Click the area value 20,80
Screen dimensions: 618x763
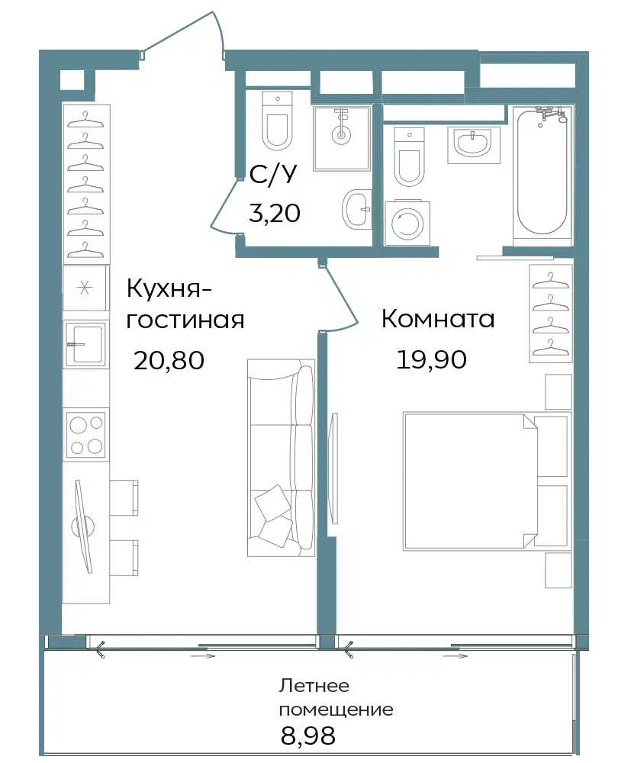coord(169,361)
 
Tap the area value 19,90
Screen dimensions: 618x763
coord(432,359)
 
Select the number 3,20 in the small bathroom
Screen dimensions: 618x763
coord(275,213)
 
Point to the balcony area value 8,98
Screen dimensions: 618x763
coord(308,736)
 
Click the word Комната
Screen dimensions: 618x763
coord(438,319)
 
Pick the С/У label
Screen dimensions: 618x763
coord(272,175)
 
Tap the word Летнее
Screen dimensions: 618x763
coord(314,686)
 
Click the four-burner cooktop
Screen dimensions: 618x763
coord(87,433)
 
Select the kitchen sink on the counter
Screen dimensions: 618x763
coord(86,344)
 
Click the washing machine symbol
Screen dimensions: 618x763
coord(407,223)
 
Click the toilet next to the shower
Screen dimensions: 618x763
coord(277,121)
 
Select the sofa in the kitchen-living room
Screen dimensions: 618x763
coord(281,457)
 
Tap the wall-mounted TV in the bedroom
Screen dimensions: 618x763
coord(334,468)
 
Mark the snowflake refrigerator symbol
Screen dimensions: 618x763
coord(85,288)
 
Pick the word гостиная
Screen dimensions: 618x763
coord(185,321)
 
